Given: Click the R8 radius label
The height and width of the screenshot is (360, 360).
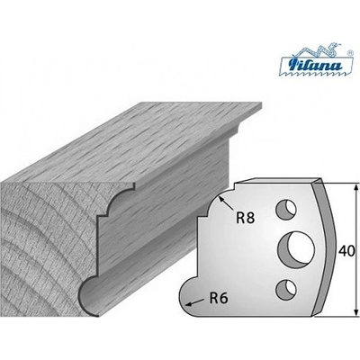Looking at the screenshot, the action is pos(246,218).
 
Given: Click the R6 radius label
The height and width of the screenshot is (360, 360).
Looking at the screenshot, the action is pos(219,299).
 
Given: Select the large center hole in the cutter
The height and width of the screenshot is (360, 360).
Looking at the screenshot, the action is pos(296,247).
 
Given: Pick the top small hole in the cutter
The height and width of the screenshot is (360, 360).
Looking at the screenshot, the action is pos(286,209).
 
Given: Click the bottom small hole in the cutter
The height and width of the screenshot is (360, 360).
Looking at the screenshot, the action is pos(286,289).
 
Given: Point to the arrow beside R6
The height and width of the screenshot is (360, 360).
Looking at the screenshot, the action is pos(194,302).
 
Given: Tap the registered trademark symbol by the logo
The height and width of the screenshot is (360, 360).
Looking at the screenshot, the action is pos(349,52).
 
